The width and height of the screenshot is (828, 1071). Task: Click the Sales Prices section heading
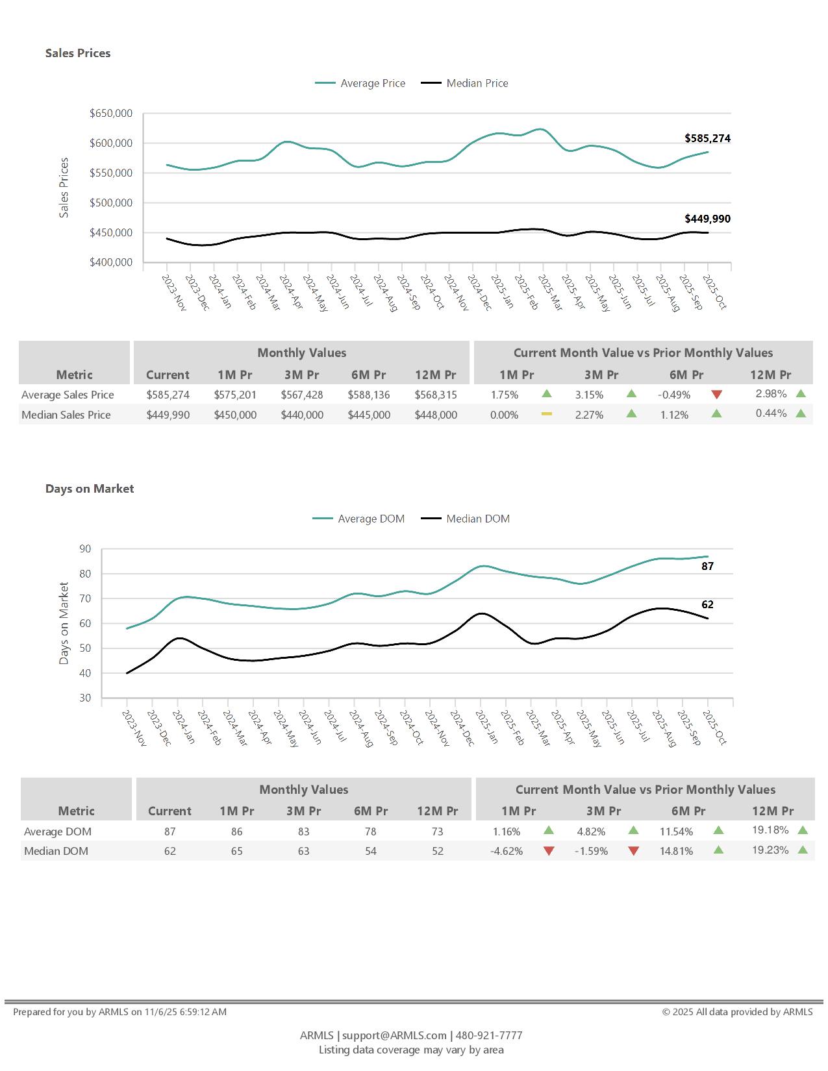tap(78, 53)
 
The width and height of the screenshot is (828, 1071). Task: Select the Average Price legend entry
tap(372, 83)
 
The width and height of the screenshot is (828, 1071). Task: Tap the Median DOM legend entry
tap(477, 519)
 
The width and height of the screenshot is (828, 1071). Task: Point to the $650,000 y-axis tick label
tap(111, 114)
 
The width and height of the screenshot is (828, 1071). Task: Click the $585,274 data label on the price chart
tap(707, 138)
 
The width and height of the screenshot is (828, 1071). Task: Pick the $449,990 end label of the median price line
tap(707, 219)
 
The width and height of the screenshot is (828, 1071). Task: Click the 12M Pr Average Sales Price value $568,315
tap(436, 395)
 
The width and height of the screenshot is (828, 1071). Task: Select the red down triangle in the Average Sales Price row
tap(716, 395)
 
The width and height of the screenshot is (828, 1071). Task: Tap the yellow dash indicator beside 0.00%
tap(547, 414)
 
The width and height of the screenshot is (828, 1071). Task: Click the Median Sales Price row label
tap(66, 415)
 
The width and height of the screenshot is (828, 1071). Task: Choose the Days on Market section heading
tap(90, 489)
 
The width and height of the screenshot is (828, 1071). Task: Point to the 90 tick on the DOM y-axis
tap(85, 549)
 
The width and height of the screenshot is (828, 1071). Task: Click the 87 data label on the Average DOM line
tap(707, 566)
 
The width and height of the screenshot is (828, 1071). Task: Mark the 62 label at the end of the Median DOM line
tap(707, 604)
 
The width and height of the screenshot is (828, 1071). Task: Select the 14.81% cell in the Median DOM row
tap(676, 851)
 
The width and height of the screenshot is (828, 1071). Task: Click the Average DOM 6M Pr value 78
tap(370, 831)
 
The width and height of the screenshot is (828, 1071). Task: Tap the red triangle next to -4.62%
tap(549, 851)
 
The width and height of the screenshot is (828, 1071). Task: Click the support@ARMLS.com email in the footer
tap(394, 1035)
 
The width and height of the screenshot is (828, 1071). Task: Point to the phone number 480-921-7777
tap(489, 1035)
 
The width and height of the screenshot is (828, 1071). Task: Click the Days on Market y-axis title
tap(64, 623)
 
